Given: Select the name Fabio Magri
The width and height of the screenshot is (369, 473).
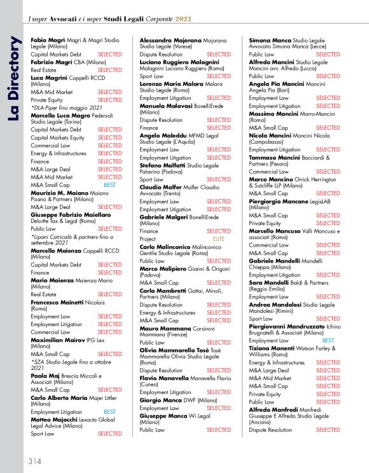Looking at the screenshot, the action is tap(48, 39).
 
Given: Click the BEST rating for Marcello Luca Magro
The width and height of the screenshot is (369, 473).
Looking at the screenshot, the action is tap(109, 184).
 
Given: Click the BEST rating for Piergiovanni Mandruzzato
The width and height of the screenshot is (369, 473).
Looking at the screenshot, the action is tap(328, 340).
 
